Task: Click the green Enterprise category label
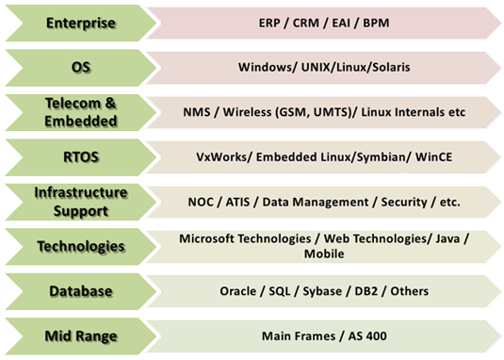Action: pyautogui.click(x=81, y=24)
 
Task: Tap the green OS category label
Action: pyautogui.click(x=81, y=68)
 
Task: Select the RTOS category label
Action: pyautogui.click(x=81, y=157)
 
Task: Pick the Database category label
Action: pyautogui.click(x=81, y=291)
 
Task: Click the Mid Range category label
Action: pyautogui.click(x=81, y=336)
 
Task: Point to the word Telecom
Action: pyautogui.click(x=73, y=104)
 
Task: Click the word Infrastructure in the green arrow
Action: pyautogui.click(x=81, y=193)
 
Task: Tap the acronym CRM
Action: pyautogui.click(x=305, y=24)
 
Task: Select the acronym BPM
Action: pyautogui.click(x=376, y=24)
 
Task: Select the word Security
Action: pyautogui.click(x=404, y=203)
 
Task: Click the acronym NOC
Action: pyautogui.click(x=201, y=203)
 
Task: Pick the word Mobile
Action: pyautogui.click(x=324, y=254)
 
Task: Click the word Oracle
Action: pyautogui.click(x=237, y=291)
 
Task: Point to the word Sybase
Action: pyautogui.click(x=322, y=291)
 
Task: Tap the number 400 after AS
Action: pyautogui.click(x=377, y=336)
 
